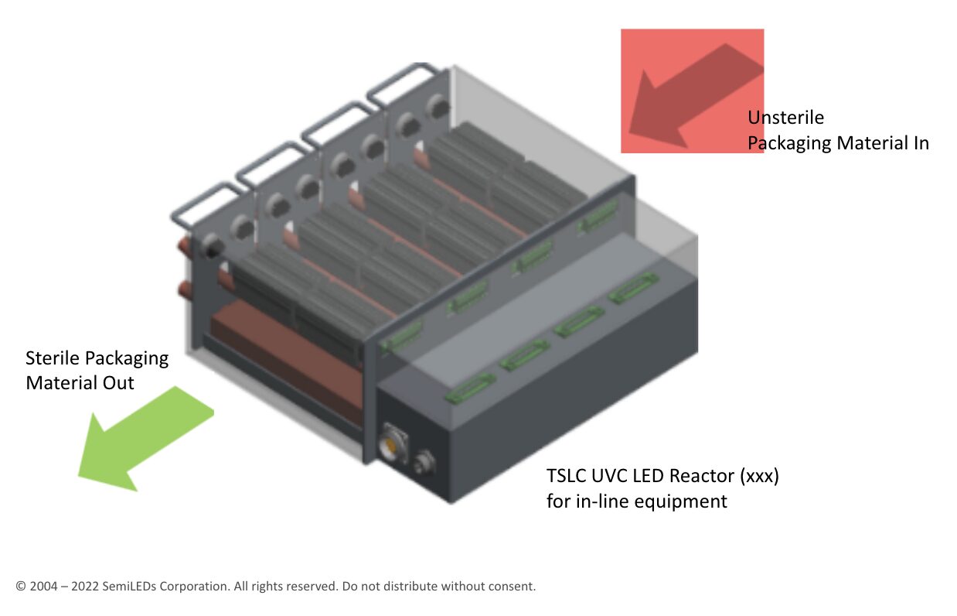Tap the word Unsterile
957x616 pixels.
tap(785, 118)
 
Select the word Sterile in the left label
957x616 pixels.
tap(52, 358)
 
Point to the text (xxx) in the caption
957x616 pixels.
tap(760, 476)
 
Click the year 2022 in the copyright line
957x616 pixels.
tap(84, 586)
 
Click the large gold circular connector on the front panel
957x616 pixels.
tap(392, 446)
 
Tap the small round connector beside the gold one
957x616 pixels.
tap(424, 463)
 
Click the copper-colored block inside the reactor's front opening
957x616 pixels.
tap(286, 359)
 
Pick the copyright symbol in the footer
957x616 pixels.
tap(21, 586)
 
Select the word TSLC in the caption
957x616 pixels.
tap(567, 476)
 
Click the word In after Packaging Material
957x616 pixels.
tap(921, 143)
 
